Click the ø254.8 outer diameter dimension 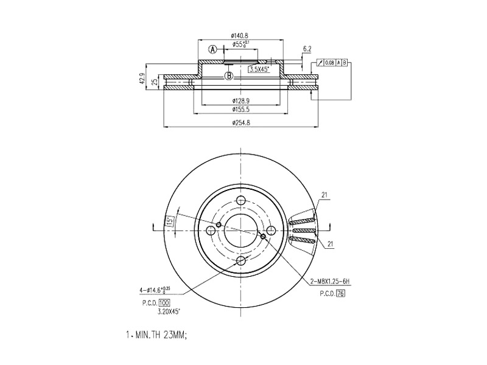[x=240, y=123]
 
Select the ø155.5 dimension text [x=240, y=109]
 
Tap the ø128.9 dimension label [x=240, y=100]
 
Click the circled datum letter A [x=213, y=49]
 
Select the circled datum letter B [x=229, y=76]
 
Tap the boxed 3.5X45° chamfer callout [x=260, y=70]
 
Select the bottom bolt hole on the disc [x=241, y=260]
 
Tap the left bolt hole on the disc [x=211, y=230]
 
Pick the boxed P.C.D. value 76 [x=341, y=293]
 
